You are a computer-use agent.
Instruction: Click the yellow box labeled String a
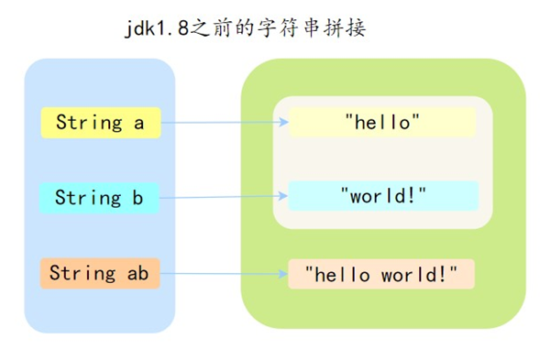[x=101, y=123]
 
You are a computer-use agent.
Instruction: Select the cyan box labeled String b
[x=100, y=197]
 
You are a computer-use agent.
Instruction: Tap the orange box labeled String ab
[x=100, y=273]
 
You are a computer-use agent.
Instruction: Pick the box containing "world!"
[x=383, y=195]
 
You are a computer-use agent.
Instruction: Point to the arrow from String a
[x=220, y=122]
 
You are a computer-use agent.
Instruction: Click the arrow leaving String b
[x=220, y=196]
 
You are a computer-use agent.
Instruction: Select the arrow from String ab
[x=220, y=273]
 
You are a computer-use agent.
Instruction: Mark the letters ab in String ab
[x=138, y=273]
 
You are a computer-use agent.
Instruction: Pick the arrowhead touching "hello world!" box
[x=283, y=272]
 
